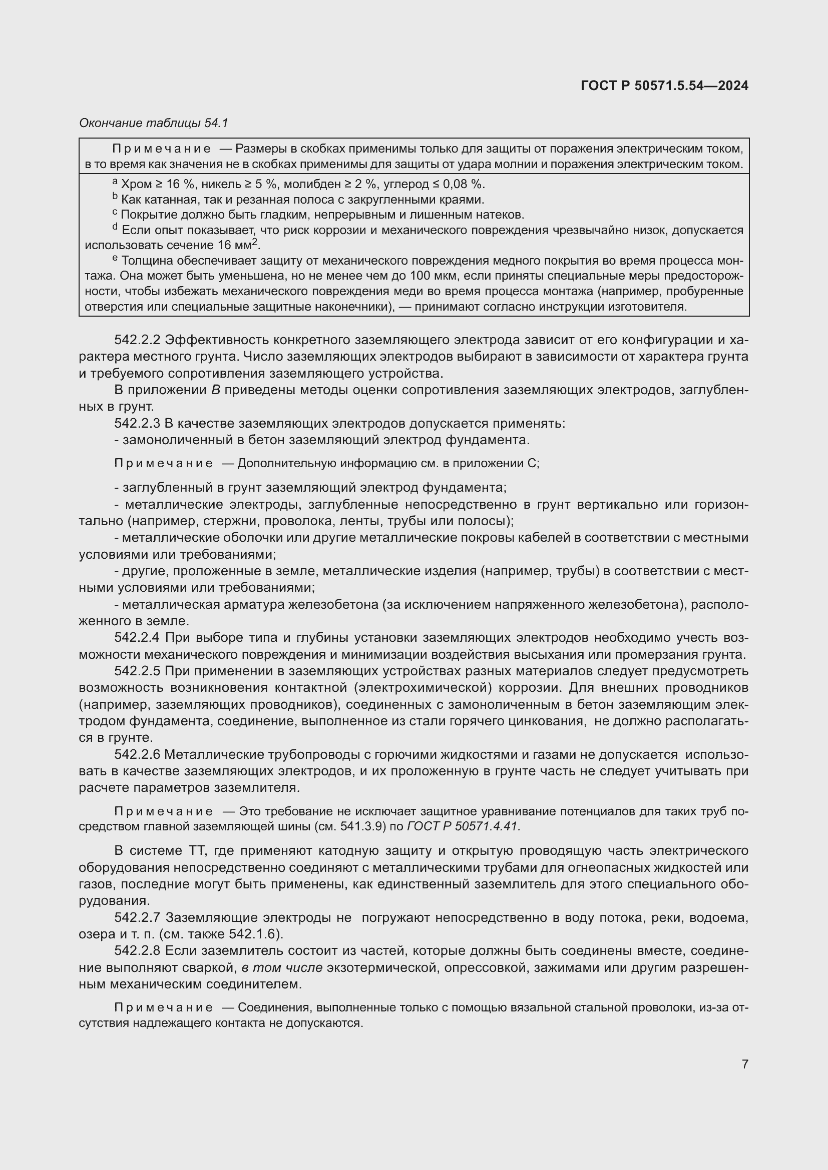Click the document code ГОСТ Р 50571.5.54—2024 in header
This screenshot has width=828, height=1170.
[x=664, y=86]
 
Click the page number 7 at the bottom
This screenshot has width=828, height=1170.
[x=745, y=1064]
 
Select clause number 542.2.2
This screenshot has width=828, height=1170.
[x=137, y=340]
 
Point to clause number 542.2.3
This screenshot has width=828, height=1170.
[x=137, y=424]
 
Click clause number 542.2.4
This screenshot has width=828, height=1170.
[x=137, y=638]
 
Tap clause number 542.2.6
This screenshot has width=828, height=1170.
[x=137, y=755]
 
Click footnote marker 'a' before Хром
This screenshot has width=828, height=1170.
[x=115, y=182]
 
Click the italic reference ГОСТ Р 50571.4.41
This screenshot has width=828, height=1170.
[x=463, y=826]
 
